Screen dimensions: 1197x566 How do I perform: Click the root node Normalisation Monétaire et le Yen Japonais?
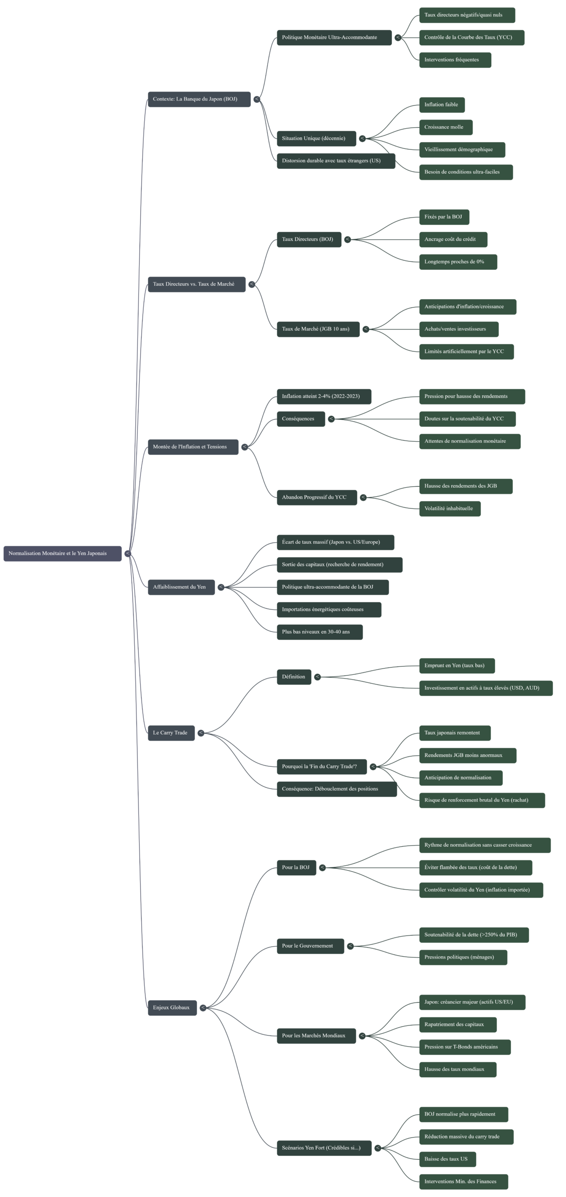click(x=62, y=554)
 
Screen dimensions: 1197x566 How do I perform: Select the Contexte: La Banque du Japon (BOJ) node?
click(x=199, y=99)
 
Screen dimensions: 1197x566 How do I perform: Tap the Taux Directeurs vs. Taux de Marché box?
click(x=196, y=284)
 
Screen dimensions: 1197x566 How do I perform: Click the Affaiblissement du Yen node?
click(x=181, y=587)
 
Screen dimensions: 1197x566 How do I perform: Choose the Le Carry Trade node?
click(x=171, y=733)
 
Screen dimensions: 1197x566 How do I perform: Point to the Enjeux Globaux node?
click(x=172, y=1008)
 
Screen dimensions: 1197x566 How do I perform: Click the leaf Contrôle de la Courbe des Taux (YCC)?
click(x=471, y=37)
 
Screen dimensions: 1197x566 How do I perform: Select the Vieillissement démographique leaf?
click(x=462, y=150)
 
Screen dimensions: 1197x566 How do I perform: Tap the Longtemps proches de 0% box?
click(x=458, y=262)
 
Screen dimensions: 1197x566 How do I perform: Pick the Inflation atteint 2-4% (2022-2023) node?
click(x=324, y=397)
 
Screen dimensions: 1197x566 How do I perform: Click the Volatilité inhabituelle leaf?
click(x=450, y=509)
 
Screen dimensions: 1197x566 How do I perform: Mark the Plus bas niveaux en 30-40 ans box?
click(x=319, y=632)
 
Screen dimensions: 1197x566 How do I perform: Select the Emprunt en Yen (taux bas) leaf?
click(x=457, y=666)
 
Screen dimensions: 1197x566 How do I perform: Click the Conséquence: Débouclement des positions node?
click(x=337, y=789)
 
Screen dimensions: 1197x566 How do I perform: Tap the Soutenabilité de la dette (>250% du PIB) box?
click(x=473, y=935)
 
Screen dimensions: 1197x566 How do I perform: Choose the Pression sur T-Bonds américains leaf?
click(x=465, y=1047)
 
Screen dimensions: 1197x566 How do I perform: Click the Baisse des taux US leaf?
click(x=447, y=1159)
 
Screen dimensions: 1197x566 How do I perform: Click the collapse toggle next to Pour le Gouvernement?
click(x=350, y=946)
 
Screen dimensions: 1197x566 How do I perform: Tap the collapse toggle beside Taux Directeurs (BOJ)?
click(x=347, y=239)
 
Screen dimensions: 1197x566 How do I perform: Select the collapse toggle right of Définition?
click(x=317, y=677)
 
